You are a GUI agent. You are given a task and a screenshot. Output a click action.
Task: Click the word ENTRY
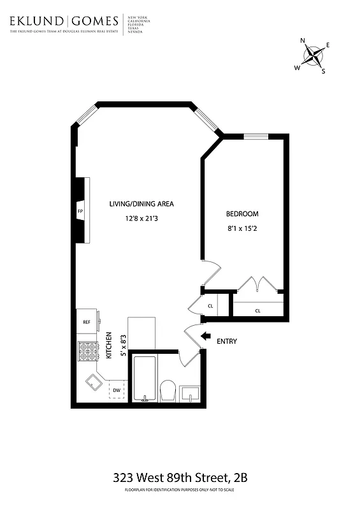click(227, 342)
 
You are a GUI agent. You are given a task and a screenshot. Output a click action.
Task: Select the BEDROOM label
click(242, 214)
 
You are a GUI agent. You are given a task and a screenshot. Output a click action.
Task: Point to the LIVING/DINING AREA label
click(141, 204)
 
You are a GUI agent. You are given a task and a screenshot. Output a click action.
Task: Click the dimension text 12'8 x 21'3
click(141, 219)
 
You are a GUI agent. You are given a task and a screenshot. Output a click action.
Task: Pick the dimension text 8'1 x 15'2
click(243, 228)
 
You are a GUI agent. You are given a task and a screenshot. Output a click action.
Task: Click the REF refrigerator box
click(87, 322)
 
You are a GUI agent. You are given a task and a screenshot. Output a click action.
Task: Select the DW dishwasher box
click(117, 390)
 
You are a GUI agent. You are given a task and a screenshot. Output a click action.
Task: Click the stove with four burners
click(86, 352)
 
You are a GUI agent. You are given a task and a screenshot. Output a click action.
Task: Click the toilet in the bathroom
click(168, 390)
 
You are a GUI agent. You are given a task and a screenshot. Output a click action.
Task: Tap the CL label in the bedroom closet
click(258, 310)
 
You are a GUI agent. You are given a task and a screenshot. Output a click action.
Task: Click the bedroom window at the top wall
click(256, 136)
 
